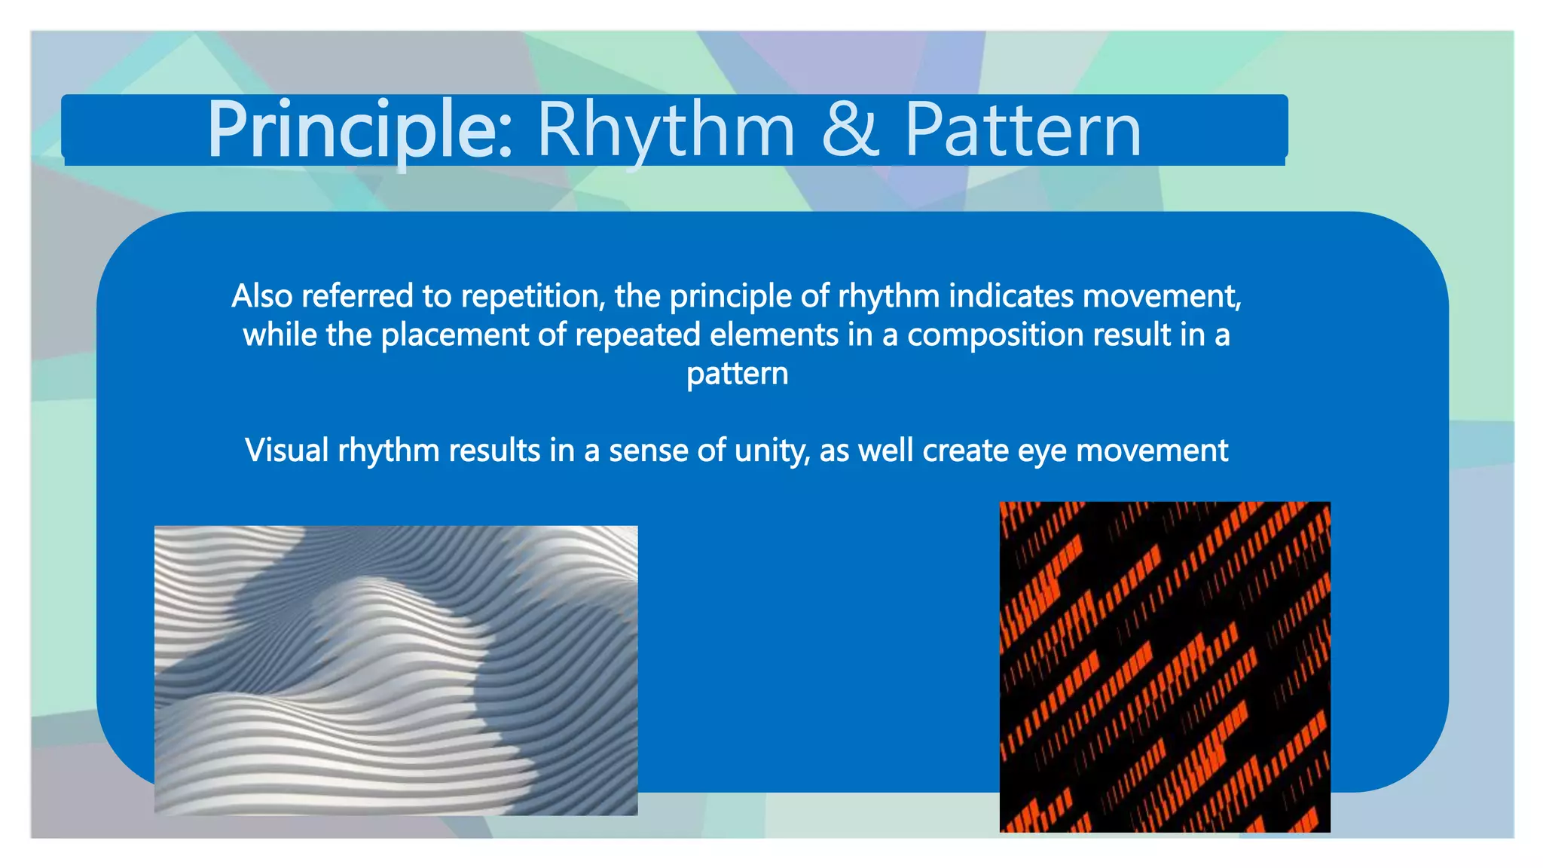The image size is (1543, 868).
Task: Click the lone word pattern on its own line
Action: (x=737, y=374)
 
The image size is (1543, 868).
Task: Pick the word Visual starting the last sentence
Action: (x=287, y=451)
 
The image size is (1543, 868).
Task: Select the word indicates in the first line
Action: (x=1010, y=296)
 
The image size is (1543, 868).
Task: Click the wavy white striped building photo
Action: (x=396, y=670)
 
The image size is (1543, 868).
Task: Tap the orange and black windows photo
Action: (x=1164, y=667)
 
